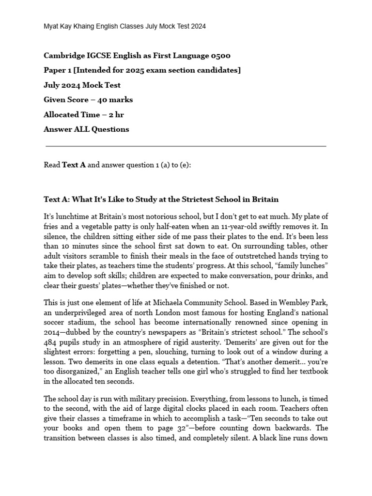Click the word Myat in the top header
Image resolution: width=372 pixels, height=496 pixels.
point(52,27)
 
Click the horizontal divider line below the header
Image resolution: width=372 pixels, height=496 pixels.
point(186,146)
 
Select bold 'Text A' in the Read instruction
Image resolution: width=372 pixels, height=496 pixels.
point(74,165)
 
